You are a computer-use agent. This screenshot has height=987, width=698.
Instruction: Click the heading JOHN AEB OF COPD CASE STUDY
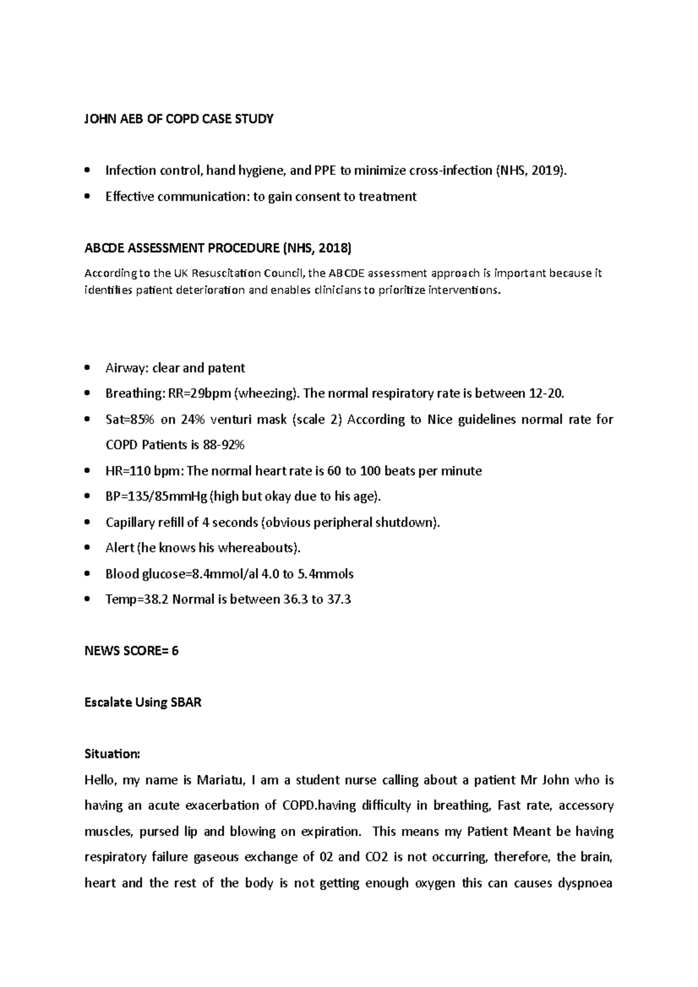click(x=179, y=119)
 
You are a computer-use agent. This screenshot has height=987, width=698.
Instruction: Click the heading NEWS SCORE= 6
click(x=131, y=651)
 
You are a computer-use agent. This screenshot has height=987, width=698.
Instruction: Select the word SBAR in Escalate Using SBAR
click(x=186, y=702)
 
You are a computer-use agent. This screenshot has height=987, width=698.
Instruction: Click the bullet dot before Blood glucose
click(x=87, y=574)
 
